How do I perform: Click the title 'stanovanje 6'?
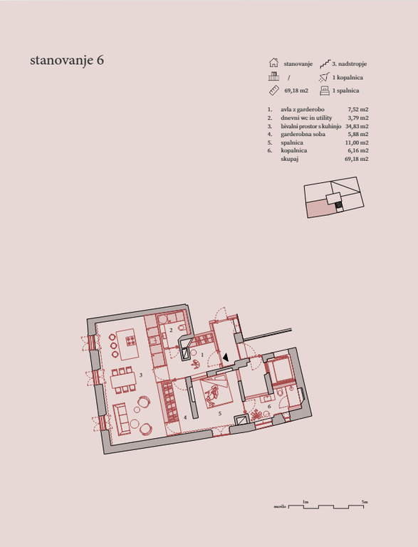point(67,60)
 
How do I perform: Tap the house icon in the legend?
point(273,63)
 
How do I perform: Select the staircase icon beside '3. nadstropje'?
point(325,64)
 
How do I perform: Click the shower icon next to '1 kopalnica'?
point(325,77)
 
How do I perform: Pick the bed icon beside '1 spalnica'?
point(325,90)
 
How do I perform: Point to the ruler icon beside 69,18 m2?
point(274,90)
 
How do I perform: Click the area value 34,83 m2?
point(357,126)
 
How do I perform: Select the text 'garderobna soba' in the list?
point(303,135)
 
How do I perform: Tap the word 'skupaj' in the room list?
point(290,159)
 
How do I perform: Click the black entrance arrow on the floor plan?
point(226,358)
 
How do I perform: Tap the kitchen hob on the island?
point(131,340)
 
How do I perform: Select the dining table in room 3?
point(122,380)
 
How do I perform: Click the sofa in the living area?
point(120,420)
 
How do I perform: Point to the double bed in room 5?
point(216,392)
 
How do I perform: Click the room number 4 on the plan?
point(185,417)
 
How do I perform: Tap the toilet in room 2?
point(181,327)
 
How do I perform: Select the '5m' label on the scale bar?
point(365,501)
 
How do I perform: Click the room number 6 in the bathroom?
point(269,407)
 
